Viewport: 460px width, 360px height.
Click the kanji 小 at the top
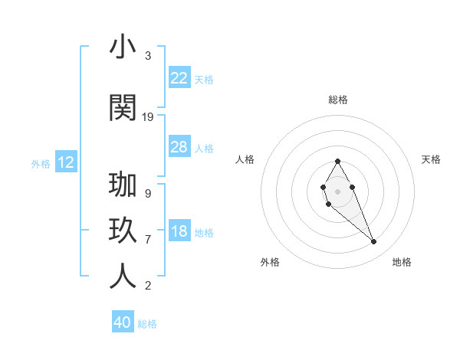pyautogui.click(x=123, y=47)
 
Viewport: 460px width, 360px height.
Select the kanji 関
pyautogui.click(x=123, y=106)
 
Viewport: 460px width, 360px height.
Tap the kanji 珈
pyautogui.click(x=123, y=186)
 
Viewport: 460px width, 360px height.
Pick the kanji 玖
pyautogui.click(x=123, y=230)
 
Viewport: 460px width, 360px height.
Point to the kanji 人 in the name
pyautogui.click(x=123, y=276)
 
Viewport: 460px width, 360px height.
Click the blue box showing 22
pyautogui.click(x=179, y=78)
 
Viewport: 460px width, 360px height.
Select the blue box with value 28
pyautogui.click(x=179, y=147)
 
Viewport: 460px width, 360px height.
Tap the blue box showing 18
pyautogui.click(x=179, y=231)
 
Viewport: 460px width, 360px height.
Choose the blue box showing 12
pyautogui.click(x=66, y=162)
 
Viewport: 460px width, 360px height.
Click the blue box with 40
pyautogui.click(x=123, y=322)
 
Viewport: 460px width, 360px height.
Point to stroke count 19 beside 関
pyautogui.click(x=148, y=117)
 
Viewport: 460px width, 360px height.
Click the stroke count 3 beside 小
pyautogui.click(x=148, y=57)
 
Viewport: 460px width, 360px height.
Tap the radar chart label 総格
pyautogui.click(x=338, y=100)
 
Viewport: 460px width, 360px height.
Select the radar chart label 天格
pyautogui.click(x=432, y=159)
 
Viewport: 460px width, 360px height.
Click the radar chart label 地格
pyautogui.click(x=402, y=262)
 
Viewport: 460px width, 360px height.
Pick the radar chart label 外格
pyautogui.click(x=270, y=262)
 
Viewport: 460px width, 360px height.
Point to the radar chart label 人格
pyautogui.click(x=245, y=159)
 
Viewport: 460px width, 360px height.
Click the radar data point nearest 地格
pyautogui.click(x=374, y=242)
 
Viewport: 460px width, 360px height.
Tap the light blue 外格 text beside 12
pyautogui.click(x=40, y=163)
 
